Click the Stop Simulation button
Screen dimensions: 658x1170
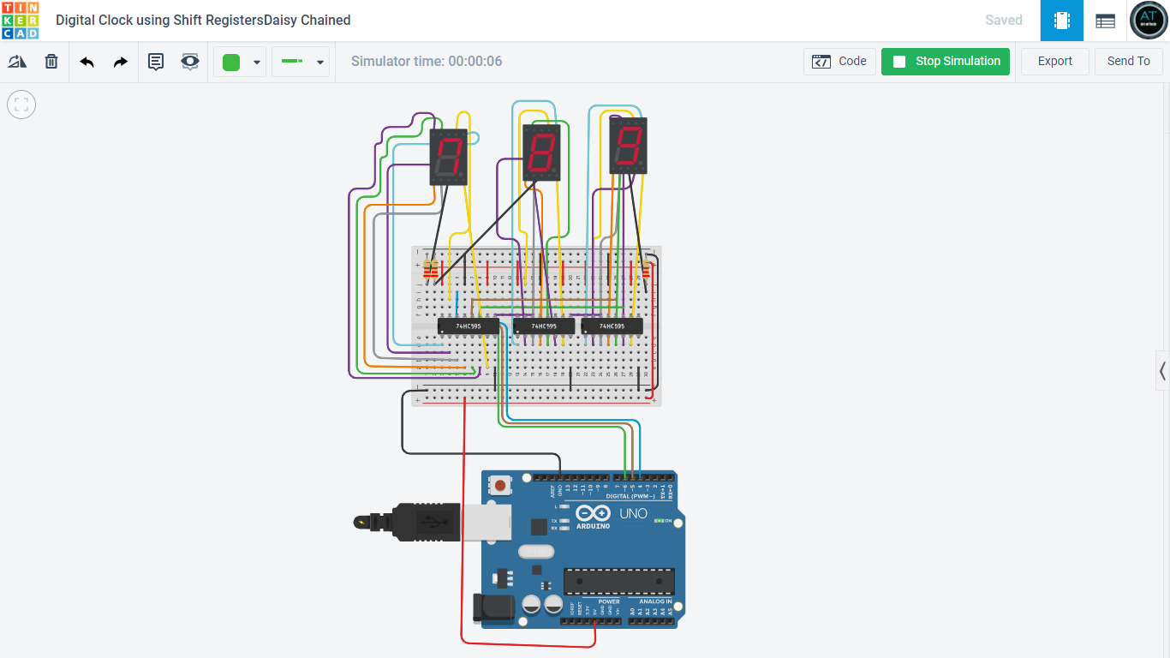coord(946,62)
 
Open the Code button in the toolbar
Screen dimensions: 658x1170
coord(839,62)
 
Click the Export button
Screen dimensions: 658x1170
coord(1054,62)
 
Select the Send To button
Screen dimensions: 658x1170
coord(1128,62)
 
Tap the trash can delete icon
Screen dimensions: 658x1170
coord(51,62)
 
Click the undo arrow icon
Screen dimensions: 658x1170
coord(87,62)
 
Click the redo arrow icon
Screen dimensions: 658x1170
coord(121,62)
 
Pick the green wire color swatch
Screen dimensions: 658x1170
coord(231,62)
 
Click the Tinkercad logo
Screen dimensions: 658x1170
coord(20,21)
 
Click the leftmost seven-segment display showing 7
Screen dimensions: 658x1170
coord(448,158)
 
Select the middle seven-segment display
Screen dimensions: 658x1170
coord(541,153)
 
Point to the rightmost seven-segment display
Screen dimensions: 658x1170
coord(628,146)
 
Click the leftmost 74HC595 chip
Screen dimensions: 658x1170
coord(468,326)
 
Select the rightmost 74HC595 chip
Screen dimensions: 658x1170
coord(612,326)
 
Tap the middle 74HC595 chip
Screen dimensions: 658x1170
coord(543,326)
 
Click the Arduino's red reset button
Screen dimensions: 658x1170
coord(500,485)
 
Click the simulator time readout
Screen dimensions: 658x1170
coord(427,62)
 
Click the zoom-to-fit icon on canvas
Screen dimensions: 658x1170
coord(21,105)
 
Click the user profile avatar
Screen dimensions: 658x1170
coord(1149,21)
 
